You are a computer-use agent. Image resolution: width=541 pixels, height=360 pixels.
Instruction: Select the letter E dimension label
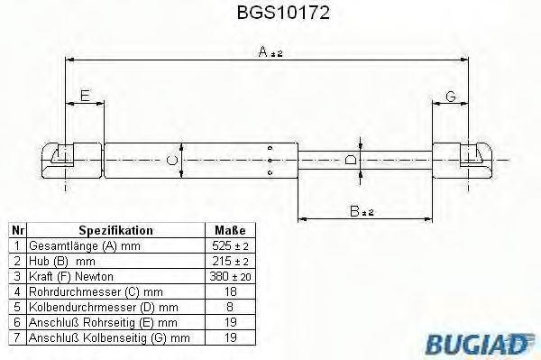point(84,95)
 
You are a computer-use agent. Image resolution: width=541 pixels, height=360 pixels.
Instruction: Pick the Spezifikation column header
point(115,230)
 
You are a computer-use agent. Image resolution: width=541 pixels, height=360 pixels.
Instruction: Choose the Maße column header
point(225,230)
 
